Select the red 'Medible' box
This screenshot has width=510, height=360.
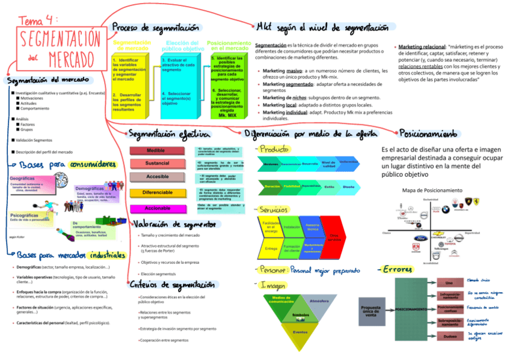pos(157,150)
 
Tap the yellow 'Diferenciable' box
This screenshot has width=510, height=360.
pos(157,193)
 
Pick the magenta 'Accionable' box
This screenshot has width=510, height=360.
pos(157,208)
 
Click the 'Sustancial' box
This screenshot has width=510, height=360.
pos(157,163)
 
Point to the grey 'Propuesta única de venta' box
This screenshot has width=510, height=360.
pos(370,311)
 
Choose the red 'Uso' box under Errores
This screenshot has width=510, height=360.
pos(449,282)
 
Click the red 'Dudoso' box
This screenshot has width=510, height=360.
pos(449,337)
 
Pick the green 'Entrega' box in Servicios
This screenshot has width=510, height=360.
pos(271,248)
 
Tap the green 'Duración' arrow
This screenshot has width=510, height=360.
pos(269,187)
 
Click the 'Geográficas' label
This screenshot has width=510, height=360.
pos(22,178)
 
